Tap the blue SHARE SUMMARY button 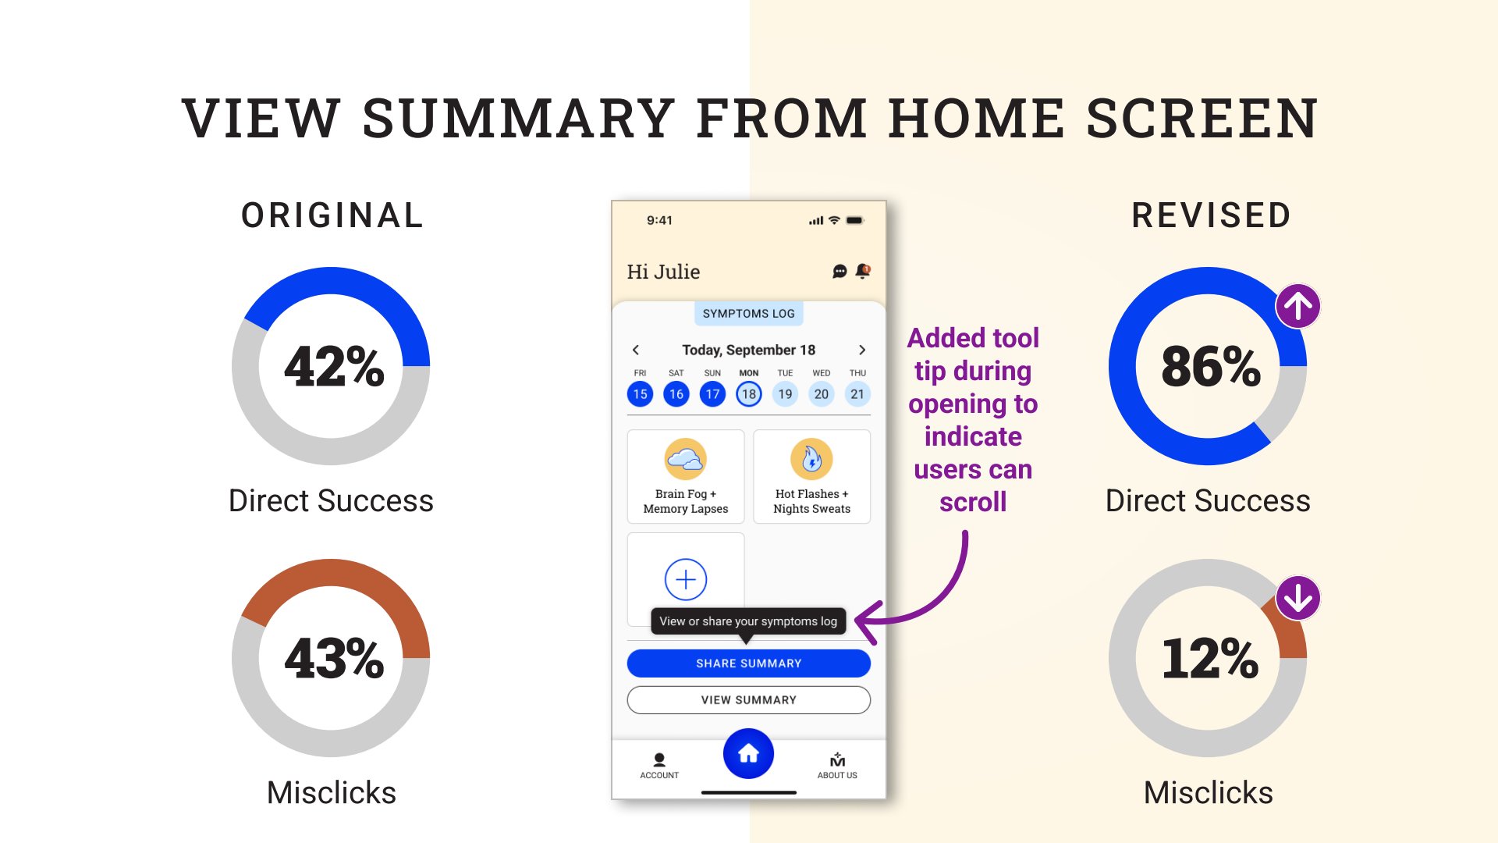pyautogui.click(x=748, y=663)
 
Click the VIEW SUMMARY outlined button pyautogui.click(x=748, y=700)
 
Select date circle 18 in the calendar pyautogui.click(x=749, y=394)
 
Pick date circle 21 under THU pyautogui.click(x=857, y=394)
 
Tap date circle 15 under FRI pyautogui.click(x=640, y=394)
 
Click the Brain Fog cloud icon pyautogui.click(x=686, y=459)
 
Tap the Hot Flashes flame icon pyautogui.click(x=811, y=459)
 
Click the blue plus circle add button pyautogui.click(x=686, y=579)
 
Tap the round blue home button pyautogui.click(x=748, y=753)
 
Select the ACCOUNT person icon pyautogui.click(x=659, y=759)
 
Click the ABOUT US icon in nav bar pyautogui.click(x=837, y=760)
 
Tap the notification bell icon pyautogui.click(x=863, y=271)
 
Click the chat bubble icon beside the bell pyautogui.click(x=840, y=271)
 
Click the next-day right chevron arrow pyautogui.click(x=862, y=350)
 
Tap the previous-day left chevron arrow pyautogui.click(x=636, y=350)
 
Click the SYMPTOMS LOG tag pyautogui.click(x=748, y=314)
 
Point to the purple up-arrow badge pyautogui.click(x=1298, y=306)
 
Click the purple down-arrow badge pyautogui.click(x=1298, y=598)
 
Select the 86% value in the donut pyautogui.click(x=1210, y=366)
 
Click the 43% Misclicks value pyautogui.click(x=334, y=658)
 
